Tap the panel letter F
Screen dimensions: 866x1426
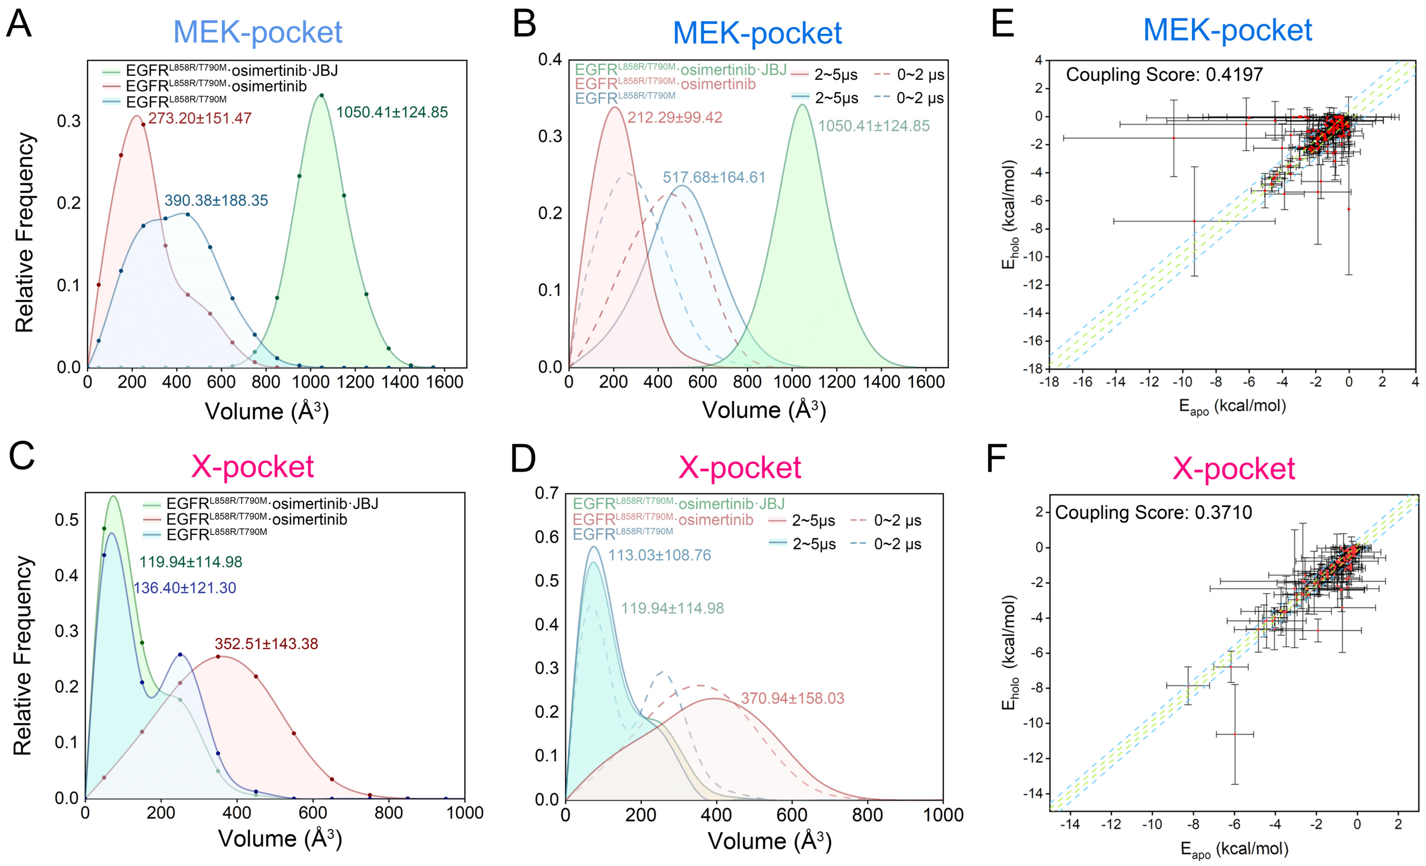(997, 459)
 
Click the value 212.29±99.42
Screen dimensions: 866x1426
(675, 117)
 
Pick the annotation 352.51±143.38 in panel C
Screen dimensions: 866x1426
(266, 644)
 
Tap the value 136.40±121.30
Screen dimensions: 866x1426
(185, 588)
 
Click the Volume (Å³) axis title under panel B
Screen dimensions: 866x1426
(764, 410)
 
